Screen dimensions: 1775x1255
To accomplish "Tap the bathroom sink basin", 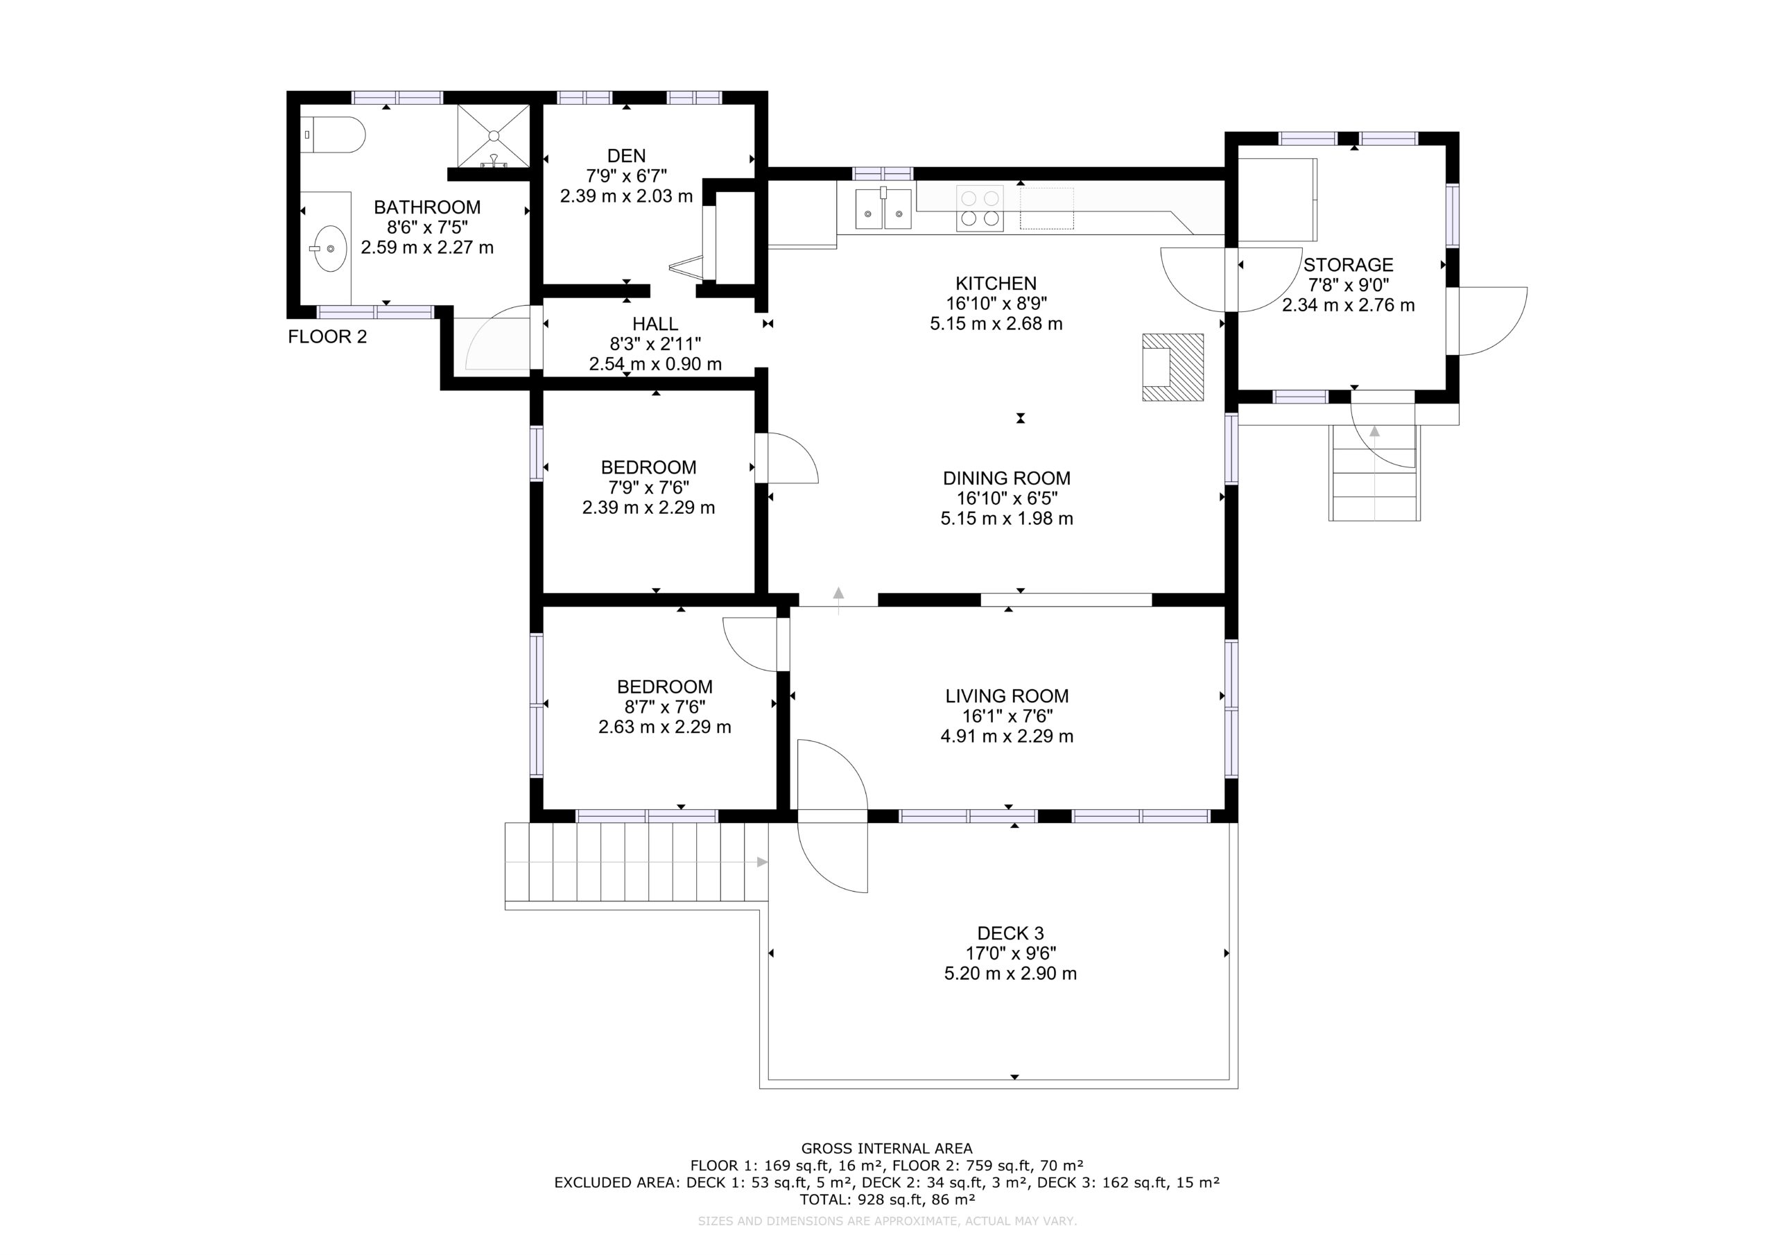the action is pos(330,248).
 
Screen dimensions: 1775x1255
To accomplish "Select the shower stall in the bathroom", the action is pos(493,136).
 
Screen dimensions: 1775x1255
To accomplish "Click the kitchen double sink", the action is pos(883,209).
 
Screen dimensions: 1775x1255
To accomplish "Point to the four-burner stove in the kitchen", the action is pos(980,208).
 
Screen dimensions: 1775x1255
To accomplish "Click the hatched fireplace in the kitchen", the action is pos(1172,367).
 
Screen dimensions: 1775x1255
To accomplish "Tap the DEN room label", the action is pos(626,155).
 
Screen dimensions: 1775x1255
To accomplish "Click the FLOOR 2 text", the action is pos(327,337).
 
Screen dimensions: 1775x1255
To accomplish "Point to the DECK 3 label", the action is pos(1010,933).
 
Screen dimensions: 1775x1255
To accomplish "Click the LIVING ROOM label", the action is pos(1007,696).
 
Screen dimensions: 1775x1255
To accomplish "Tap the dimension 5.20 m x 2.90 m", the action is pos(1010,973).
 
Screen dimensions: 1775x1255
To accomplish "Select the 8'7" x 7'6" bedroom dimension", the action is pos(665,707).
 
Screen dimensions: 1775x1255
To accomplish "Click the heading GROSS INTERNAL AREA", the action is pos(887,1149).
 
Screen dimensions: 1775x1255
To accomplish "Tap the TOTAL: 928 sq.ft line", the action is pos(887,1200).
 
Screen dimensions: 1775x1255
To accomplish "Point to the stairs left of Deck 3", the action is pos(637,861).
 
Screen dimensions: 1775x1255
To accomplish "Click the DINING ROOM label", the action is pos(1007,478).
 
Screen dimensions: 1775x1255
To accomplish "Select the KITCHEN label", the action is pos(996,284).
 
